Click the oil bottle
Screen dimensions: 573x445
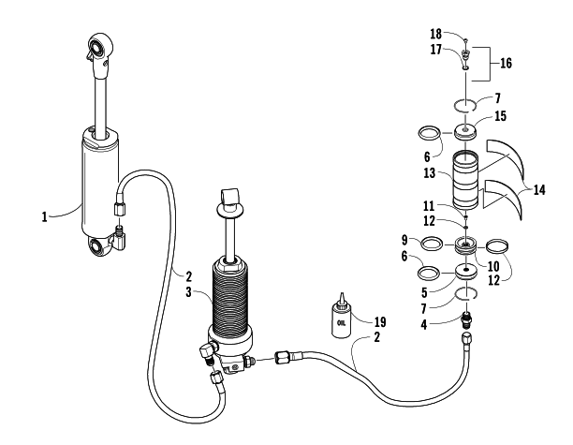point(341,317)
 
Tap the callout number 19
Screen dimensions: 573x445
point(380,321)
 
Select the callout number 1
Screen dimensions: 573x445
point(44,216)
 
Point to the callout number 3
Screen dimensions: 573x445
point(188,292)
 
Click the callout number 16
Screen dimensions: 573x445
point(506,64)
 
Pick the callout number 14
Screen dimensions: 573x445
point(539,190)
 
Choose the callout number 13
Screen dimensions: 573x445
point(430,172)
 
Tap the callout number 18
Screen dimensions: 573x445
point(435,34)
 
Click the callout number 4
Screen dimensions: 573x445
point(424,324)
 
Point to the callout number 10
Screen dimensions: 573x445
point(493,266)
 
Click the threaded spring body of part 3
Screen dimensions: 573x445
point(230,292)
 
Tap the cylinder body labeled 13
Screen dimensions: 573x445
point(465,181)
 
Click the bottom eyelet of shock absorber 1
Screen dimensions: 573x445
point(98,246)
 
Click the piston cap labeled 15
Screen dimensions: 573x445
point(465,132)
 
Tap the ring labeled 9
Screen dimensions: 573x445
point(432,244)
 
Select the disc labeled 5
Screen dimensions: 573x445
point(466,273)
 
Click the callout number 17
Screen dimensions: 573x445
point(435,50)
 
